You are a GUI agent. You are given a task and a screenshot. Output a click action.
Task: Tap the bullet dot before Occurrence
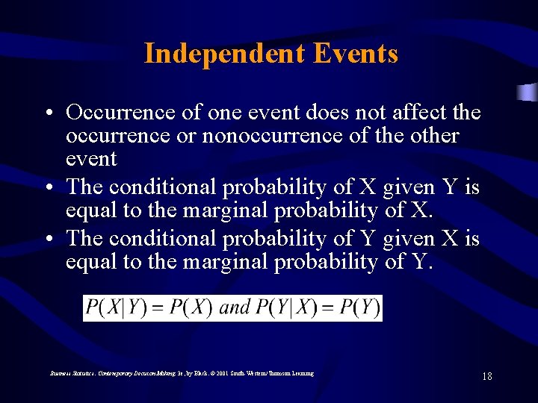point(47,113)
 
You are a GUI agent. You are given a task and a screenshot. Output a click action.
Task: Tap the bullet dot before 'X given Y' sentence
point(47,188)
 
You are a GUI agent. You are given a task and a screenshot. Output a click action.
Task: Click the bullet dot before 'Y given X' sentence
point(47,239)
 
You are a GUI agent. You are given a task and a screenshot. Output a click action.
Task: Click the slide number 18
point(487,376)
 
